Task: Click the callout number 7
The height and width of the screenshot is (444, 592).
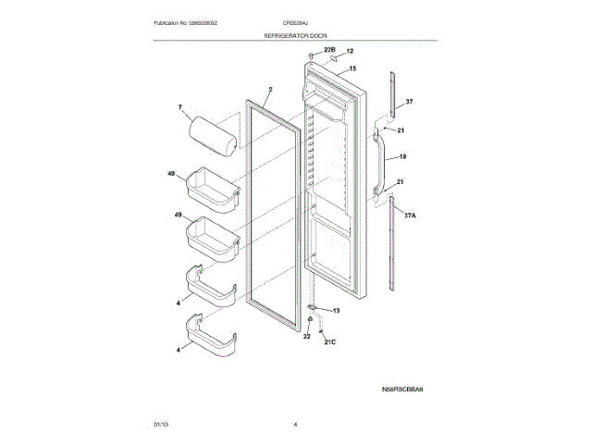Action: [180, 108]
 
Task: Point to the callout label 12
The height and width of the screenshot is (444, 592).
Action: [350, 52]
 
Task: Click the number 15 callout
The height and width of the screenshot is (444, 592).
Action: [352, 68]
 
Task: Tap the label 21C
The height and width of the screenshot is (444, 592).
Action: [329, 343]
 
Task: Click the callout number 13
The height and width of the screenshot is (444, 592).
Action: [336, 311]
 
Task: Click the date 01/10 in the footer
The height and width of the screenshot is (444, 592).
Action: [161, 424]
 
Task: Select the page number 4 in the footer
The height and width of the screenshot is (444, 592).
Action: [294, 424]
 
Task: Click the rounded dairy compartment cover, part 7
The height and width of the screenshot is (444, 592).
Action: [213, 129]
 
